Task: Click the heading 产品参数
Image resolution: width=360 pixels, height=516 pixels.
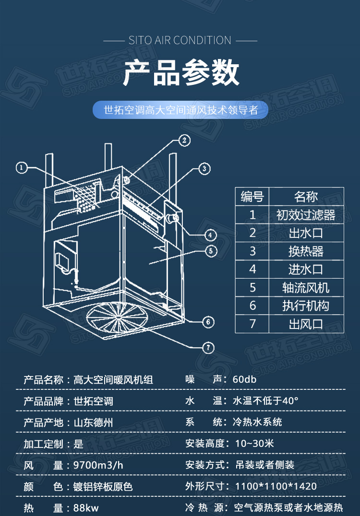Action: tap(180, 73)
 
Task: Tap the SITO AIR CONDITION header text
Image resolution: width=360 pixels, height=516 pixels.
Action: tap(180, 40)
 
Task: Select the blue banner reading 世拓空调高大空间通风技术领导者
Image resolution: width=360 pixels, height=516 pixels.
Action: tap(180, 110)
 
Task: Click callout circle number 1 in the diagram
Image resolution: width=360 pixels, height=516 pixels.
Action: tap(22, 167)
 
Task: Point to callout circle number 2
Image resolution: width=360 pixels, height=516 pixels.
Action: tap(183, 140)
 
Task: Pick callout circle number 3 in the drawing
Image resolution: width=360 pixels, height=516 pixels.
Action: tap(204, 168)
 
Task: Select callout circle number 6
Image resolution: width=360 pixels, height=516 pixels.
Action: tap(207, 321)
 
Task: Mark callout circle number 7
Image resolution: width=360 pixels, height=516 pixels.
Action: tap(207, 348)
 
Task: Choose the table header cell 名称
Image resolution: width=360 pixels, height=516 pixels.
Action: tap(306, 196)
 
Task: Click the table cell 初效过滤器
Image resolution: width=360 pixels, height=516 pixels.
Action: tap(306, 214)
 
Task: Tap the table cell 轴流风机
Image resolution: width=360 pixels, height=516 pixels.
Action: tap(306, 287)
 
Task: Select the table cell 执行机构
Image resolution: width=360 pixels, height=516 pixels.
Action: tap(306, 305)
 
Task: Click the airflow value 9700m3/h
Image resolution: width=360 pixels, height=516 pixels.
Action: tap(98, 465)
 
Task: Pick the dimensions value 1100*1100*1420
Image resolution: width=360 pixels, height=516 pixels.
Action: tap(276, 486)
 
